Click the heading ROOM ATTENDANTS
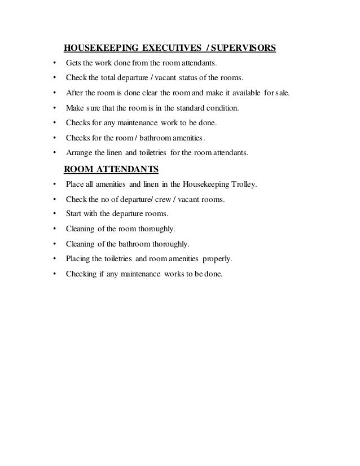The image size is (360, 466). pos(111,169)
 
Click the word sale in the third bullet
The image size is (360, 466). pos(286,92)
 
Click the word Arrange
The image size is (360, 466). pos(79,153)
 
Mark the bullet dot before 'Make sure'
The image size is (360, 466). pos(54,107)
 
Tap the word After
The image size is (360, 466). pos(75,92)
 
